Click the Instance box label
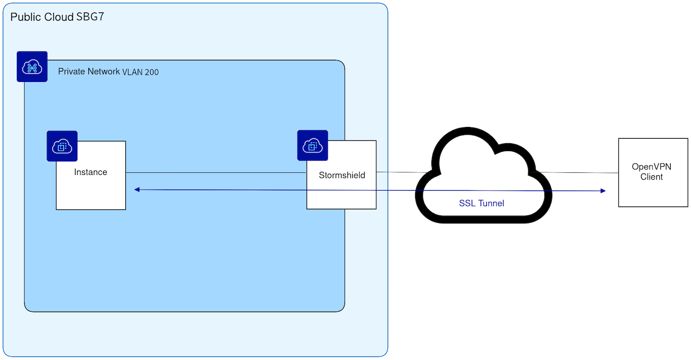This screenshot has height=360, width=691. (x=90, y=172)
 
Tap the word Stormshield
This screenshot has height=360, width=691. (x=342, y=175)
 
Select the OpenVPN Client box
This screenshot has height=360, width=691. (x=653, y=172)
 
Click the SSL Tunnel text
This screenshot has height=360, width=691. (x=481, y=203)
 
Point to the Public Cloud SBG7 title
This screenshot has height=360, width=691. (x=57, y=17)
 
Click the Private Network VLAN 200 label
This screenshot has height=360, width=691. (x=108, y=72)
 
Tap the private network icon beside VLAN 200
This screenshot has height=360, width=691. (x=32, y=67)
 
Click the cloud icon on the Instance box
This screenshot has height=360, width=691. (x=62, y=146)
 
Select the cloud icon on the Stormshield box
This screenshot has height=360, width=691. (x=312, y=145)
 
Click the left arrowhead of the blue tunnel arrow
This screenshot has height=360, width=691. (x=137, y=190)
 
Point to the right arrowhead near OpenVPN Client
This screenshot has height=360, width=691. (x=603, y=191)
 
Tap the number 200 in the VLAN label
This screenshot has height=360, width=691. (x=152, y=72)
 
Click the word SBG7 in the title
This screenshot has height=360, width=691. (x=90, y=17)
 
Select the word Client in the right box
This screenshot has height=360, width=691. (x=652, y=177)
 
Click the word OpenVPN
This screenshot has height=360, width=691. (x=652, y=167)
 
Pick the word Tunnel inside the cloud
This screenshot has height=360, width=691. (x=491, y=203)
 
